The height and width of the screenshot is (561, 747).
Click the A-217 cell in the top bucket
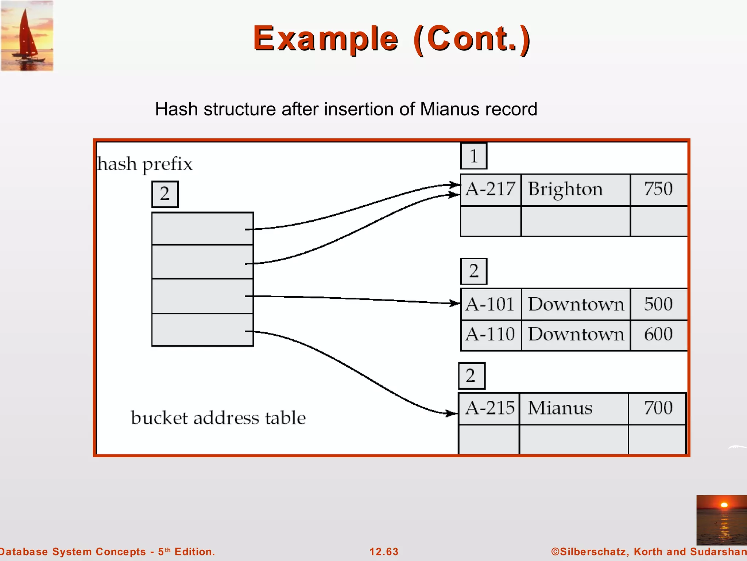tap(490, 190)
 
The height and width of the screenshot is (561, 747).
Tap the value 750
tap(658, 189)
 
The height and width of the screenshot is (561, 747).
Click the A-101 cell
tap(490, 304)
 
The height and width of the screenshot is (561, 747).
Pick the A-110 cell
tap(490, 335)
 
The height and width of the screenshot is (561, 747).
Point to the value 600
tap(658, 335)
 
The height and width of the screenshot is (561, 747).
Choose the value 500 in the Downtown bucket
tap(658, 304)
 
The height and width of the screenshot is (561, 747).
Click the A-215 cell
tap(489, 408)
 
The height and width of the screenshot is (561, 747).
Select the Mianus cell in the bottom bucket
tap(573, 408)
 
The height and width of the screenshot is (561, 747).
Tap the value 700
tap(658, 408)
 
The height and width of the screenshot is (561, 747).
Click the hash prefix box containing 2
tap(165, 194)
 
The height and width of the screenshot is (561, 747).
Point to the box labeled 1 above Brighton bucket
tap(473, 156)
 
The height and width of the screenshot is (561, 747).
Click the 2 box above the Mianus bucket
tap(471, 376)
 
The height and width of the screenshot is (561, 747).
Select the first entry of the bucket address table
tap(202, 229)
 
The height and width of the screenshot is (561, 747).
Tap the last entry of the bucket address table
tap(202, 330)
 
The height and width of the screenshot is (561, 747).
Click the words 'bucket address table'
tap(218, 418)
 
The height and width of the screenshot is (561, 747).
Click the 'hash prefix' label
tap(145, 164)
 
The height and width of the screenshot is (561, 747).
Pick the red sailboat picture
tap(27, 36)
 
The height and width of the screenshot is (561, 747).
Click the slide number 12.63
tap(384, 552)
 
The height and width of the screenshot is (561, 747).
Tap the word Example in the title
tap(325, 39)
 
